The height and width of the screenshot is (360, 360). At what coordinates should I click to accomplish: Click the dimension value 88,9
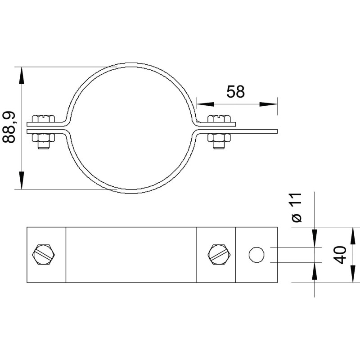(9, 127)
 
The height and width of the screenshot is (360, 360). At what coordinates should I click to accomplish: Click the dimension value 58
(235, 92)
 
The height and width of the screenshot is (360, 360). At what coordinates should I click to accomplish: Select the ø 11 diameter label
(297, 208)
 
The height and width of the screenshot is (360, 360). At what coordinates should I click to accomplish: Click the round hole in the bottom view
(256, 255)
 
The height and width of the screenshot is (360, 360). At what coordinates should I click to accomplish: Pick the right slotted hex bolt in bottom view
(220, 255)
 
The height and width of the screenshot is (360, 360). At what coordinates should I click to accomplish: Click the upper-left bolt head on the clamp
(44, 118)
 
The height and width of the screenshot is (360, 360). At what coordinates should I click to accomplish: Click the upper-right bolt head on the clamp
(219, 118)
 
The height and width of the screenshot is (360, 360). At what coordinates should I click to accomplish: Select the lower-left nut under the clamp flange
(44, 138)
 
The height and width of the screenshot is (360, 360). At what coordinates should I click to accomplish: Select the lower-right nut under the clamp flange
(219, 138)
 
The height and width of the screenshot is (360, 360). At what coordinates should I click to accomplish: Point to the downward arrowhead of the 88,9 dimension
(22, 180)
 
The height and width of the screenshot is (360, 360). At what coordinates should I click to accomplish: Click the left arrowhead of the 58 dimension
(205, 104)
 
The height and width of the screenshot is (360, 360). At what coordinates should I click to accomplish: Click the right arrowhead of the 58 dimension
(268, 104)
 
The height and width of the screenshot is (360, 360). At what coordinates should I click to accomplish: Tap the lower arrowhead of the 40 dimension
(353, 274)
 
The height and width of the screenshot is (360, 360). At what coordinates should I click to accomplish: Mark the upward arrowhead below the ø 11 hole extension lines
(314, 271)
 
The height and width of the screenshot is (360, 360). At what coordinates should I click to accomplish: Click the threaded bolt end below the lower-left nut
(44, 145)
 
